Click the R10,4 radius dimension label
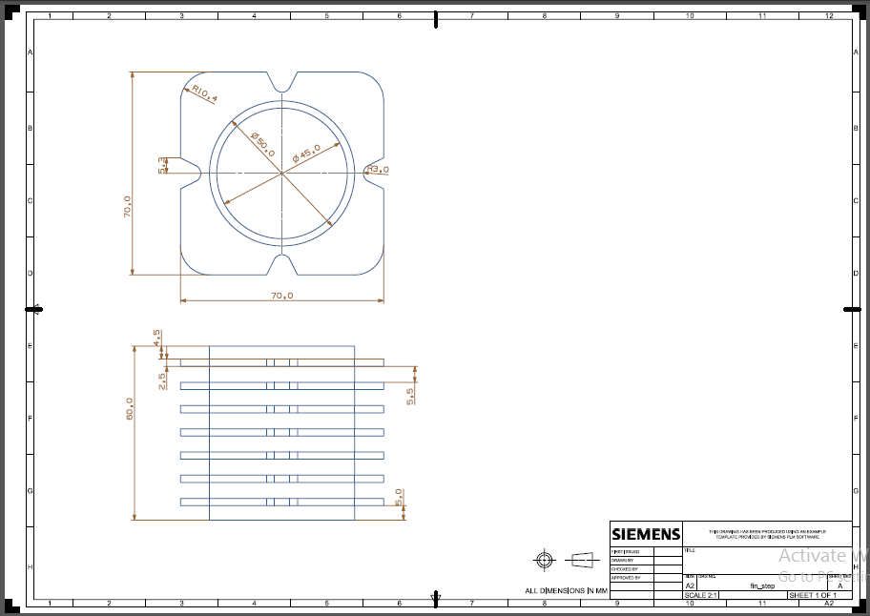tap(204, 93)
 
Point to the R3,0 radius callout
tap(378, 170)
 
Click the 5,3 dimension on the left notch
tap(161, 165)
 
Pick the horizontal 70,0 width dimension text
tap(281, 296)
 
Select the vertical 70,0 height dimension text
tap(127, 207)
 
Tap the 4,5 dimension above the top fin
tap(156, 338)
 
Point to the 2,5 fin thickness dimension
tap(162, 380)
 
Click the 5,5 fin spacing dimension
tap(409, 397)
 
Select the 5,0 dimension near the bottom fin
tap(400, 497)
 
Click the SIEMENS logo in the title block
tap(646, 534)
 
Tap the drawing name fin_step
tap(762, 585)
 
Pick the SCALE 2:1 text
tap(701, 595)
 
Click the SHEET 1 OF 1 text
tap(812, 595)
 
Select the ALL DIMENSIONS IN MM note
tap(566, 590)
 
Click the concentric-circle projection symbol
tap(544, 559)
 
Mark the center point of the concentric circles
tap(281, 174)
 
